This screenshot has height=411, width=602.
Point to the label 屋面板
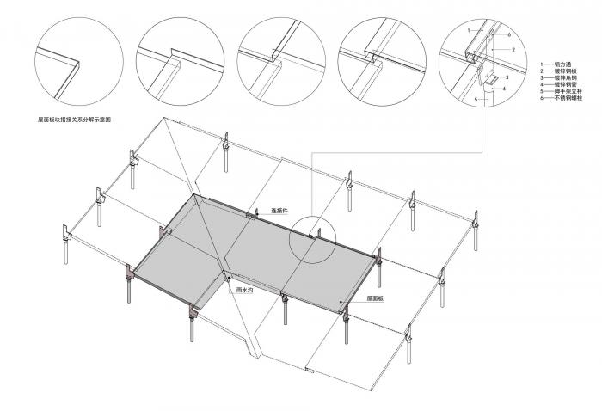point(373,298)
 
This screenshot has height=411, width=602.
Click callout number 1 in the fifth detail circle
point(468,30)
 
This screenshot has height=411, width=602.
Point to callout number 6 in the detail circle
point(509,34)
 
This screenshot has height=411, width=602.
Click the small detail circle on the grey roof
point(312,238)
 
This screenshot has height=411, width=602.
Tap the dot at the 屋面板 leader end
point(342,302)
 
